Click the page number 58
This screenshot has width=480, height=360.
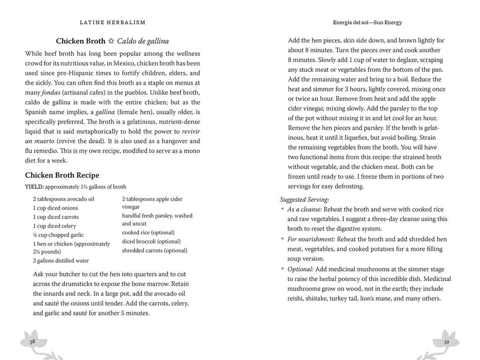(x=32, y=342)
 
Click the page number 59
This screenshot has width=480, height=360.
(x=446, y=342)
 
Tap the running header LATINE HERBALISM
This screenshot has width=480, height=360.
(x=113, y=23)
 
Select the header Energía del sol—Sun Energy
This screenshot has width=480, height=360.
(x=367, y=23)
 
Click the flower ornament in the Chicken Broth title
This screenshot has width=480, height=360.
(x=111, y=41)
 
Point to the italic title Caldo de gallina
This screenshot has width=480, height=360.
(x=143, y=41)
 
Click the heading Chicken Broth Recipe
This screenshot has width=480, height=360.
(x=62, y=175)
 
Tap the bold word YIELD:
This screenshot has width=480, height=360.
(x=34, y=187)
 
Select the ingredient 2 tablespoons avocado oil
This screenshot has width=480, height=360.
(x=63, y=199)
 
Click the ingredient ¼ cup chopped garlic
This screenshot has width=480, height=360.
(x=58, y=235)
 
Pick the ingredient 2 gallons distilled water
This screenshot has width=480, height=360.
(x=61, y=260)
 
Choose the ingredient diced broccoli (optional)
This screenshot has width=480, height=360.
(x=151, y=242)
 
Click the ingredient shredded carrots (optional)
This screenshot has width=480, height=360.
(x=154, y=251)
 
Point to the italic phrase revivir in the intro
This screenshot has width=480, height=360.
(x=191, y=132)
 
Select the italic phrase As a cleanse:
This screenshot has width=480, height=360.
(x=304, y=209)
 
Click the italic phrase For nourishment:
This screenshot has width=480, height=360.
(x=311, y=239)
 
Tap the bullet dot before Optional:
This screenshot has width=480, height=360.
(x=282, y=269)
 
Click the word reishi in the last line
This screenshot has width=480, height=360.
(x=296, y=298)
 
